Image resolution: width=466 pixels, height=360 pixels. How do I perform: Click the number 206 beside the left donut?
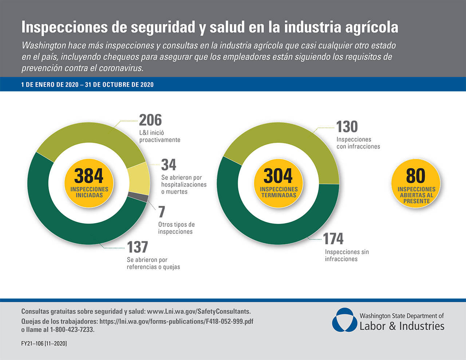150,120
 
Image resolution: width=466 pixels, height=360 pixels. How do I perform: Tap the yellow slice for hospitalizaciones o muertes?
140,179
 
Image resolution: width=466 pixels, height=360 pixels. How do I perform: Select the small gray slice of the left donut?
138,197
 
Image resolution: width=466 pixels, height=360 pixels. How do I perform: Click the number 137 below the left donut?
137,247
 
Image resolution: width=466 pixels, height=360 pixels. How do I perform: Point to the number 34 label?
169,165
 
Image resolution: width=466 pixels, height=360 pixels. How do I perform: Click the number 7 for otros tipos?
162,212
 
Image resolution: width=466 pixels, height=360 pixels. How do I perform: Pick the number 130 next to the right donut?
347,127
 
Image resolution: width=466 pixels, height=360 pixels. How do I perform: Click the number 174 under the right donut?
333,239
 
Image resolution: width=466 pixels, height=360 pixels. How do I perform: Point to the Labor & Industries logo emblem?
344,320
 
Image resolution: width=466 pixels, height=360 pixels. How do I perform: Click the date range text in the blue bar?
87,85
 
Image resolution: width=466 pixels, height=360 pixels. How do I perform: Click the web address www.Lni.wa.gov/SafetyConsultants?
198,312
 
